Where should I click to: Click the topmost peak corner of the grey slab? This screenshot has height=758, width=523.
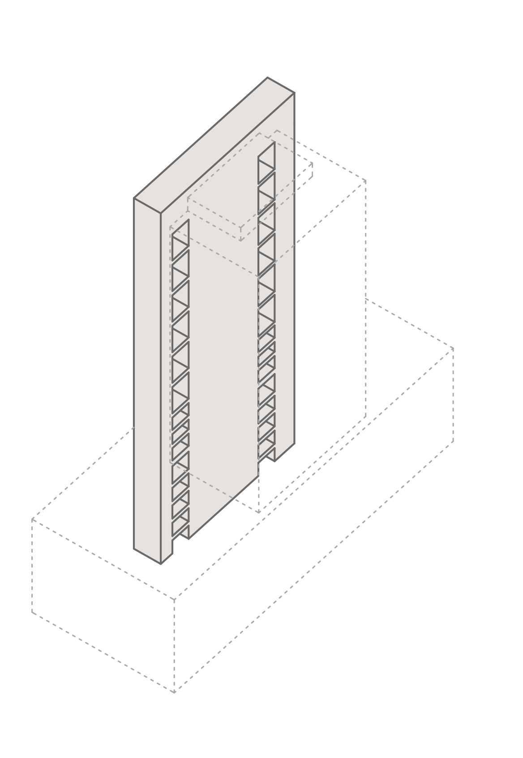pos(268,78)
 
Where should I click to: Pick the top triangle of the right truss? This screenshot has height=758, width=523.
pos(267,157)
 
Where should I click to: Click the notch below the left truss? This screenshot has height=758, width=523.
pos(181,536)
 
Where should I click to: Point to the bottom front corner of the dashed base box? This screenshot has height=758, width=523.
pos(175,704)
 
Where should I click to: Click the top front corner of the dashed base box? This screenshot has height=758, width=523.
pos(175,598)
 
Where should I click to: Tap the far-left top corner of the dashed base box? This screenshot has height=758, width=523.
pos(32,520)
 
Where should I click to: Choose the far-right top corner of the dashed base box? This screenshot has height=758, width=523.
pos(453,348)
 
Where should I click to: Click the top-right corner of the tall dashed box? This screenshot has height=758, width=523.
pos(366,181)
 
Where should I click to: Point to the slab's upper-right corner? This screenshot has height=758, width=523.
pos(294,93)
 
